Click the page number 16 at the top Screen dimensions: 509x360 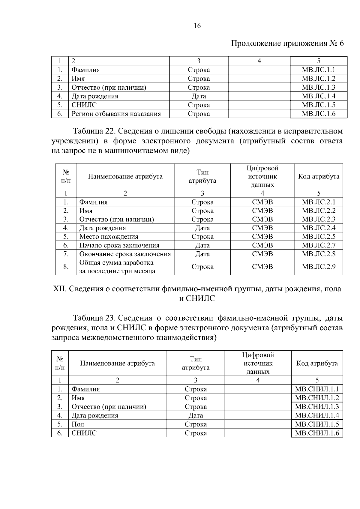pos(197,26)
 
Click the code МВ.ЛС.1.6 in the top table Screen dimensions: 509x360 pos(318,114)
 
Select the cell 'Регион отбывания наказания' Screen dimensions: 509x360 pos(116,114)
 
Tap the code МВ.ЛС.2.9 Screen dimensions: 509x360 pos(319,267)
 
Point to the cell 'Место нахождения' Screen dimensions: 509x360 pos(109,237)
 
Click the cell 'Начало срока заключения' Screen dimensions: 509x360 pos(119,245)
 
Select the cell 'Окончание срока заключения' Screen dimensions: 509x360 pos(125,254)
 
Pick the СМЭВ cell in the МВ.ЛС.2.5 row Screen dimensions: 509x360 pos(262,237)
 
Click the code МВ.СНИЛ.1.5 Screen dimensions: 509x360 pos(317,424)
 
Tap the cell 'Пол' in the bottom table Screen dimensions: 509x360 pos(78,424)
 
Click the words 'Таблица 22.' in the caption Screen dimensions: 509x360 pos(92,131)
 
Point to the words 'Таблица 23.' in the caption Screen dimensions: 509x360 pos(92,318)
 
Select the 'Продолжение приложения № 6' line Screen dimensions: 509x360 pos(287,44)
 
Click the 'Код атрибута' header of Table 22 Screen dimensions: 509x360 pos(319,176)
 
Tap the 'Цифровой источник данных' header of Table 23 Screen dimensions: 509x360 pos(258,363)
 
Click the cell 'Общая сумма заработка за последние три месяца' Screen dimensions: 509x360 pos(117,267)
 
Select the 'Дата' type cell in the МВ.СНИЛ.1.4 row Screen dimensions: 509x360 pos(196,415)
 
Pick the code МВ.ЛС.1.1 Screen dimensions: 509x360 pos(318,70)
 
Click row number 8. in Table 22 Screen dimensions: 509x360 pos(66,267)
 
